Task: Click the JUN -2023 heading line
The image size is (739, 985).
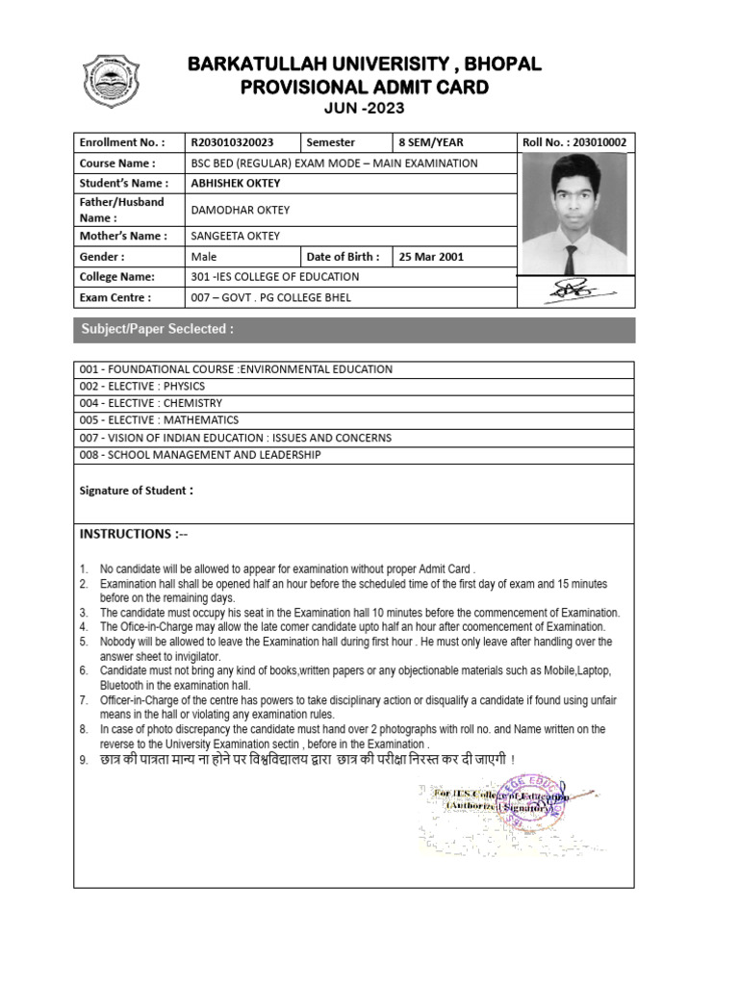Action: [x=364, y=108]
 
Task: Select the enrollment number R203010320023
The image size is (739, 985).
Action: [x=232, y=141]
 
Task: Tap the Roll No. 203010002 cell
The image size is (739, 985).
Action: [x=574, y=141]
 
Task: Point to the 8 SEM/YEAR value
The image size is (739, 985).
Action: [x=430, y=141]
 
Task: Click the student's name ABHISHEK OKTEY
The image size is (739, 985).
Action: [x=235, y=183]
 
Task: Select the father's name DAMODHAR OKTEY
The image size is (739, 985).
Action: [x=241, y=210]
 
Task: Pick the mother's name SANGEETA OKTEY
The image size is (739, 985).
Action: [x=236, y=236]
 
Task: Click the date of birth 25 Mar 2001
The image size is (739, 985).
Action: [x=424, y=257]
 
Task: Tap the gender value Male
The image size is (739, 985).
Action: [x=204, y=257]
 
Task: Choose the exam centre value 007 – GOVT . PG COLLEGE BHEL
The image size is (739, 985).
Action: [x=271, y=297]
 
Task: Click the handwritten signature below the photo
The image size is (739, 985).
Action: [x=573, y=287]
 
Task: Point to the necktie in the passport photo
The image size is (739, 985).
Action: [x=571, y=258]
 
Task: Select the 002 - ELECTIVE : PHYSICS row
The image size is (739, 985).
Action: [x=142, y=386]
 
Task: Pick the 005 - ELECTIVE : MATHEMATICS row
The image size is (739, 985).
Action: [x=159, y=420]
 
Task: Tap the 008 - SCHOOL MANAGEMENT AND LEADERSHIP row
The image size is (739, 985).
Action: [x=200, y=455]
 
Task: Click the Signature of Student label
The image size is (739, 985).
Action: [x=136, y=491]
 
